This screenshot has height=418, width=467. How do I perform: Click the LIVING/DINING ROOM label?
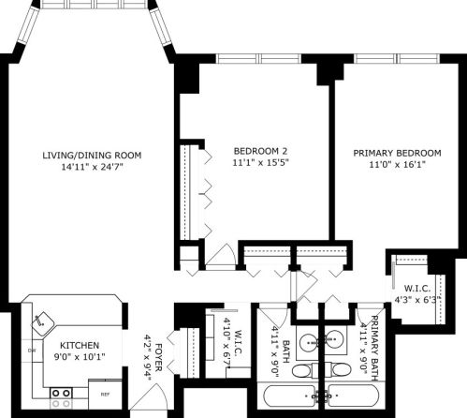91,155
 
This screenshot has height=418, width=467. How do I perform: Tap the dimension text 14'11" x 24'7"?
91,167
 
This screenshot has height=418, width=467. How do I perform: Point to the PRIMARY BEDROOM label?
397,153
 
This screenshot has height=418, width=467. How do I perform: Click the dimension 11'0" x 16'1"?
397,165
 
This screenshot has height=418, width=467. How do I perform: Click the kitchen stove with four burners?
62,395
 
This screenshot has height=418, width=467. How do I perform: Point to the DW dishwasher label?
32,351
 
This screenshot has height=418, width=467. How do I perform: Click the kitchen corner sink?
43,321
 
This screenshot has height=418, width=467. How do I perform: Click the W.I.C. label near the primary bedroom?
416,288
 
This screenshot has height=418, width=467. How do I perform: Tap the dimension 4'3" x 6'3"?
418,300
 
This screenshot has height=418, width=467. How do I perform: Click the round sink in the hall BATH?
307,341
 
